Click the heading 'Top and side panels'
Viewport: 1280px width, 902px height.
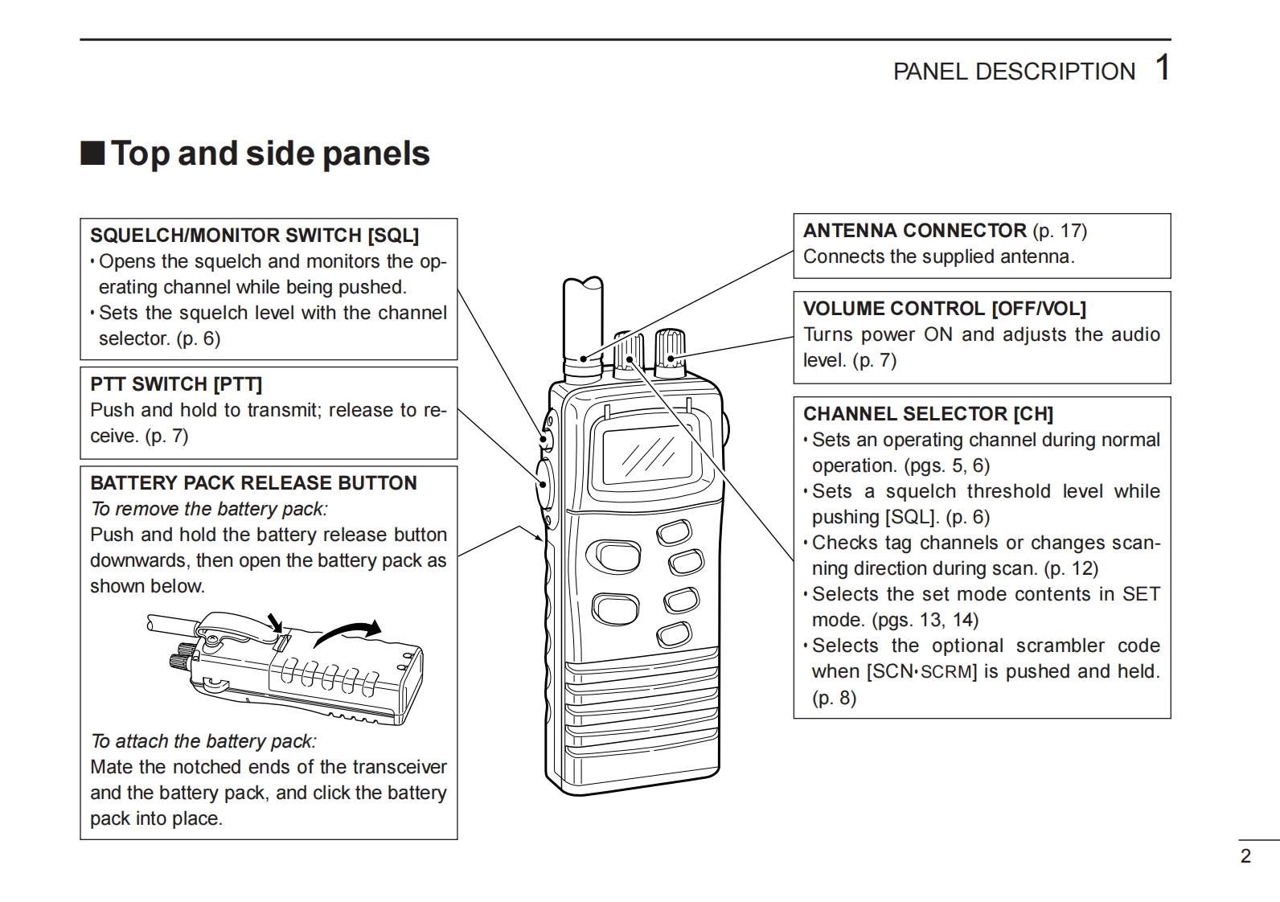[270, 154]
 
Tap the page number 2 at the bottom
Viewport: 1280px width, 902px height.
[1245, 856]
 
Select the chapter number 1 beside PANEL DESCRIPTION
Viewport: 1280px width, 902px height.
[1162, 68]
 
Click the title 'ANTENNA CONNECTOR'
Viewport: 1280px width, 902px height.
[914, 231]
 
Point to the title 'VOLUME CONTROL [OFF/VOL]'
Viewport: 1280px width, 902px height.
[944, 309]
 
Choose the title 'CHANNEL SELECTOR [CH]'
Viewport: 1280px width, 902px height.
[928, 414]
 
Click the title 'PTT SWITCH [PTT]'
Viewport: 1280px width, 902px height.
[176, 384]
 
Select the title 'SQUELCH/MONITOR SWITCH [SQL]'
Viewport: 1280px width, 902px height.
[254, 236]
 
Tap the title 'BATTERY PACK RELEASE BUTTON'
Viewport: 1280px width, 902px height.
[253, 483]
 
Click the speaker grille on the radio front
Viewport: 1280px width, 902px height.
[640, 707]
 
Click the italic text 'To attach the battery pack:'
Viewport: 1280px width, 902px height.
[203, 741]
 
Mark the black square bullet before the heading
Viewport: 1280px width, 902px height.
[92, 153]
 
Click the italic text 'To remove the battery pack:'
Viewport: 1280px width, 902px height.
[209, 509]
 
